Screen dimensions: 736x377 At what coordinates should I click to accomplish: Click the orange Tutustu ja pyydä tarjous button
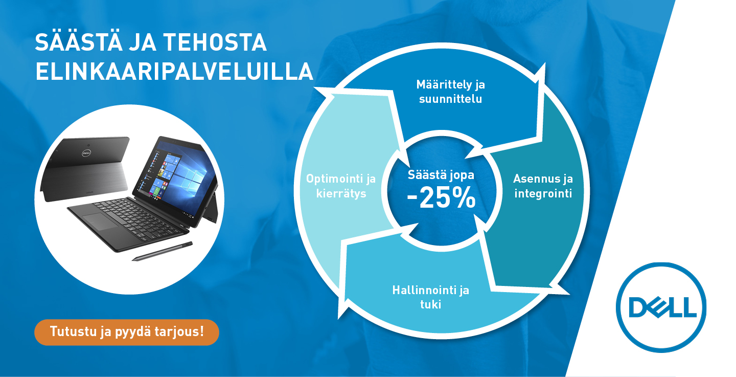coord(127,332)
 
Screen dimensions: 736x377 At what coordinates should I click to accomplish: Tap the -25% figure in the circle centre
coord(441,198)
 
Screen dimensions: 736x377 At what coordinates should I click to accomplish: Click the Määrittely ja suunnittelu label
coord(450,92)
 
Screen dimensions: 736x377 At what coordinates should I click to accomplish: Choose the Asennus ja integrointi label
coord(543,186)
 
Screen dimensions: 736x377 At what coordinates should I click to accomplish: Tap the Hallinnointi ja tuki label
coord(431,297)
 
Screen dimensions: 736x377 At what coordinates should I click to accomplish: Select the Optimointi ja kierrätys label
coord(341,186)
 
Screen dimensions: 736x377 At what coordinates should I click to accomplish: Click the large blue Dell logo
coord(661,307)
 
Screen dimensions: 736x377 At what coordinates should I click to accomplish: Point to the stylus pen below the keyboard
coord(163,251)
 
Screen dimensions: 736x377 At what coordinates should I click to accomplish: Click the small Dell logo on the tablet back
coord(86,153)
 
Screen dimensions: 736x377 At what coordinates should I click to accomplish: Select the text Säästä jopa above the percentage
coord(441,174)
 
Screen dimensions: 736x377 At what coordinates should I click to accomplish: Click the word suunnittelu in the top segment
coord(450,99)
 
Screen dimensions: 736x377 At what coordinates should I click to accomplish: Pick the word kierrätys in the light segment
coord(341,193)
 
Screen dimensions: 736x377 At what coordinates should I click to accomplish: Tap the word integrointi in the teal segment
coord(543,193)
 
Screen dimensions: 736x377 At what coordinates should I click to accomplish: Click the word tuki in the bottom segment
coord(431,304)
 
